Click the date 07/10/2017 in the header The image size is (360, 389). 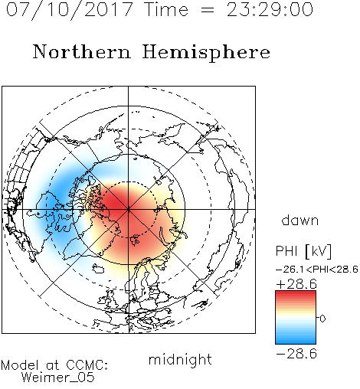pos(70,10)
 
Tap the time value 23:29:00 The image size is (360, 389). pos(270,10)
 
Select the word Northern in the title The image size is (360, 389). pos(82,51)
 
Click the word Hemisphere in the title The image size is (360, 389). pos(206,53)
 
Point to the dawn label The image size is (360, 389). pos(300,220)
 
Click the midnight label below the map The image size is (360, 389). pos(180,361)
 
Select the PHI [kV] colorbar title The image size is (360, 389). pos(303,251)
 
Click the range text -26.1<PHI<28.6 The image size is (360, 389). pos(317,270)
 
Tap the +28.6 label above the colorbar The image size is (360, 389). pos(296,284)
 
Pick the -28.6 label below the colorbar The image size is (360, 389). pos(296,354)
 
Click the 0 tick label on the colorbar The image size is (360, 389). pos(322,319)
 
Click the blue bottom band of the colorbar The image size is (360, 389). pos(296,341)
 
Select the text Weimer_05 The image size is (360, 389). pos(57,378)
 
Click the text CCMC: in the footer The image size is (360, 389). pos(87,365)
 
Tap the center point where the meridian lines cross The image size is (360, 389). pos(128,209)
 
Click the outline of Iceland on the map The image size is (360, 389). pos(97,268)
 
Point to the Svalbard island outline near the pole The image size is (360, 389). pos(134,240)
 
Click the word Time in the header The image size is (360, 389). pos(166,10)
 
